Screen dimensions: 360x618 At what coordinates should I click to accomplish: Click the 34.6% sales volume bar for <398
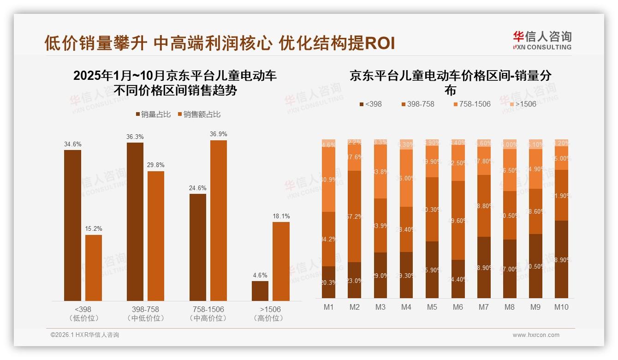pos(72,225)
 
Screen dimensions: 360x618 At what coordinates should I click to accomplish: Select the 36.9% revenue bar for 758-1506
pos(219,221)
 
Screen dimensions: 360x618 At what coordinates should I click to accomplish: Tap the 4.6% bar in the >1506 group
pos(260,291)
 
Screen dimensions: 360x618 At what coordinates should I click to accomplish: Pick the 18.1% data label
pos(281,216)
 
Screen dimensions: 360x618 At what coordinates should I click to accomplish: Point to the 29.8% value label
pos(156,165)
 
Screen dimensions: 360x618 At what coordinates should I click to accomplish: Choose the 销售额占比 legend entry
pos(199,114)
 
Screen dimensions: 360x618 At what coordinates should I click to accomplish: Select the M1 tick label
pos(329,307)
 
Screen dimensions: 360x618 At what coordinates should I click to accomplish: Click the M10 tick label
pos(561,307)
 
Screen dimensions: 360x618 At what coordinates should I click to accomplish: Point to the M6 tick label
pos(458,307)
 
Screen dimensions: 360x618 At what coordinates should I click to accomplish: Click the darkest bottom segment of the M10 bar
pos(561,259)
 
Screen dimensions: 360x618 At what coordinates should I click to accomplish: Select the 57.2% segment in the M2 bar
pos(355,216)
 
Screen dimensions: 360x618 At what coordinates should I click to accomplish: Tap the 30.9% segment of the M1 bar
pos(329,180)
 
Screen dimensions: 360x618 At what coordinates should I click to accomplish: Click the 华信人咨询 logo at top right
pos(542,40)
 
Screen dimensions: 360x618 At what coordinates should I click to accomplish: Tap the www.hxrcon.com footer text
pos(536,335)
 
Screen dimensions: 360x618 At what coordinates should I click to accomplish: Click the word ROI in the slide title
pos(380,43)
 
